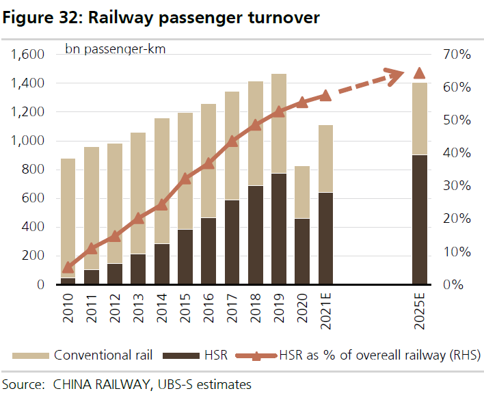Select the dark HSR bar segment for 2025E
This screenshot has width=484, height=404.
coord(420,219)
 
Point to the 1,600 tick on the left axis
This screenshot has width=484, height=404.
coord(27,55)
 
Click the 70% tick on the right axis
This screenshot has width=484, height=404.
coord(456,55)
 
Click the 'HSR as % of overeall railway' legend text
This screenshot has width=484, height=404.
coord(379,355)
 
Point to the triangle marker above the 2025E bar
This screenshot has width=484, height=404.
coord(420,74)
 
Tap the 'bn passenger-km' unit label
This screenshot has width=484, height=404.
coord(115,49)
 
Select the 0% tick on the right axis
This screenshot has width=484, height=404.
coord(453,284)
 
